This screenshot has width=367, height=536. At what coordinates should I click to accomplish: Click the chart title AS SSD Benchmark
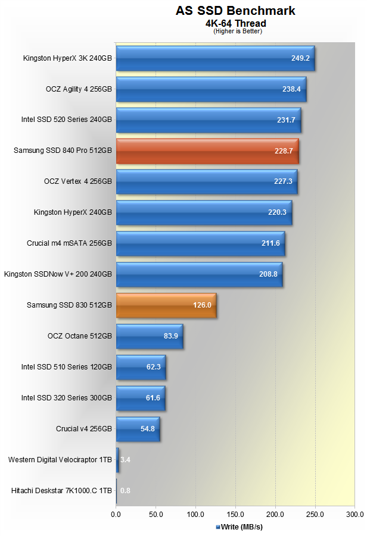point(235,11)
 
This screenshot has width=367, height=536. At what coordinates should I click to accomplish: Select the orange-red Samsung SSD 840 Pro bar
point(207,151)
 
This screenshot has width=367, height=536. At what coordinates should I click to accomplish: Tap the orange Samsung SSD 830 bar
point(166,306)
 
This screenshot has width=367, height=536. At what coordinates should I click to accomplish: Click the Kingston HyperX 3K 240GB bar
point(214,58)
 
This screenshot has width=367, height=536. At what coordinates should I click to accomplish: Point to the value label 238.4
point(291,89)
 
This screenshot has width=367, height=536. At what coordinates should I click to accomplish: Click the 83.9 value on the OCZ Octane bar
point(172,337)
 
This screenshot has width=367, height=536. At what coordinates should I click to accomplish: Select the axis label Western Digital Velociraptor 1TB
point(60,460)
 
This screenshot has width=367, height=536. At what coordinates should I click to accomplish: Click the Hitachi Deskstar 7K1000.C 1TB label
point(61,491)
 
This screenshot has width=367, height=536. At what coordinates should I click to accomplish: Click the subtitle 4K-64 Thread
point(235,23)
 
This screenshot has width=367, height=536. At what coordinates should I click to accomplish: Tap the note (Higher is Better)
point(237,31)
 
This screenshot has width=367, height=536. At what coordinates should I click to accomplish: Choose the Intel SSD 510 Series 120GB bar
point(141,368)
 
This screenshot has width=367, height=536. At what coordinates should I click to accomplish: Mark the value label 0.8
point(125,491)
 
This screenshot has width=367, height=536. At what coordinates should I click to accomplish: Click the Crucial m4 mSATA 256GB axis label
point(69,243)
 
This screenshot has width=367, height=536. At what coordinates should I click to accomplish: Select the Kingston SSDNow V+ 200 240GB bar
point(199,275)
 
